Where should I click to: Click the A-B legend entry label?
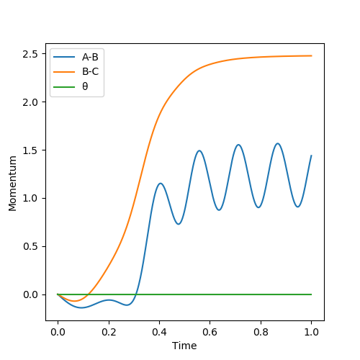[90, 57]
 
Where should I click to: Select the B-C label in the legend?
[90, 71]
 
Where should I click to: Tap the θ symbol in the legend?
[85, 86]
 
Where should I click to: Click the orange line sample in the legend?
[64, 72]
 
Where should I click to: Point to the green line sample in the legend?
[64, 86]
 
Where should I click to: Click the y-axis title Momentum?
[12, 184]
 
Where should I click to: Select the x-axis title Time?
[184, 346]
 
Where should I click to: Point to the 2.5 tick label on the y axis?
[30, 54]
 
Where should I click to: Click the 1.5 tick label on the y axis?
[30, 150]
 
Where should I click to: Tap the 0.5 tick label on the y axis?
[30, 247]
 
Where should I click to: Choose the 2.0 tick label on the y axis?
[30, 102]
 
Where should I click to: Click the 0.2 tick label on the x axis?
[109, 332]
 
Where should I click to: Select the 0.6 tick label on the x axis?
[210, 332]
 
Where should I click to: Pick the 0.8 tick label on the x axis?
[261, 332]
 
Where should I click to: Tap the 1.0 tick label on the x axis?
[312, 332]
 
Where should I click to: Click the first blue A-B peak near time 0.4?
[161, 184]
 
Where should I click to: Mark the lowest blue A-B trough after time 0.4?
[179, 224]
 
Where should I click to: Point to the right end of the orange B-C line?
[312, 55]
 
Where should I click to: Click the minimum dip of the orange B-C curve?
[75, 301]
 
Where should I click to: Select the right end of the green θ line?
[312, 294]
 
